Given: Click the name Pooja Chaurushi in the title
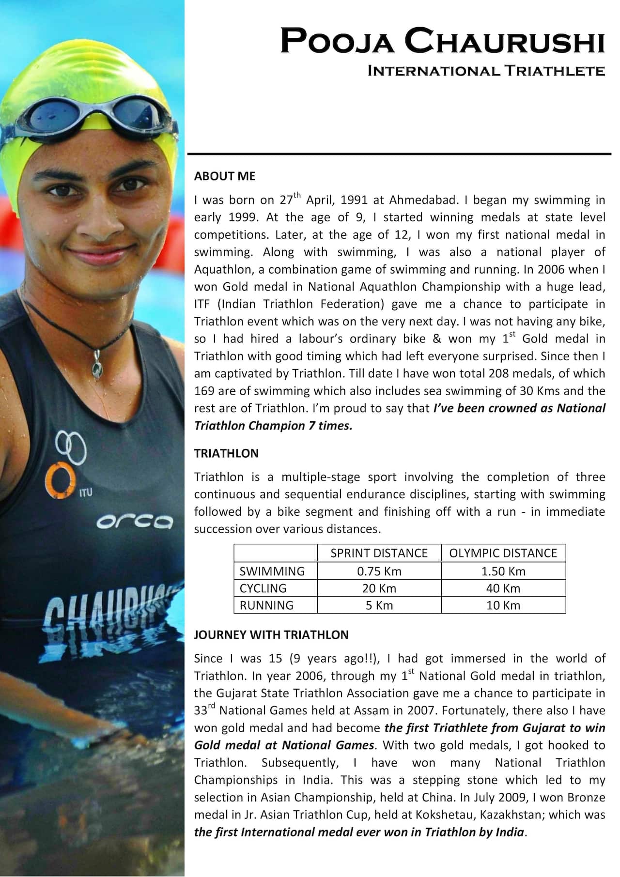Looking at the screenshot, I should click(x=442, y=41).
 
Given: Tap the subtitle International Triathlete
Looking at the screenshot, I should click(x=486, y=71).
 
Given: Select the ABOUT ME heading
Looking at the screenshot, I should click(x=224, y=176).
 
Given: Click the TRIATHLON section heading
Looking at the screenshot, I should click(x=226, y=453).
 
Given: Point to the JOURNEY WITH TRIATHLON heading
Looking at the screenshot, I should click(x=271, y=635).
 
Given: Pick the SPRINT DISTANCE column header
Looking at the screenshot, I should click(x=379, y=553).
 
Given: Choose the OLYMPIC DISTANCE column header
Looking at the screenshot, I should click(x=503, y=553).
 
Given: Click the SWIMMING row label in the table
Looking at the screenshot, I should click(x=272, y=571).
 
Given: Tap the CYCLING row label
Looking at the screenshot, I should click(x=263, y=588).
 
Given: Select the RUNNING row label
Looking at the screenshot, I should click(x=266, y=605).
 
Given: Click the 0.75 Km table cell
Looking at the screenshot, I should click(x=379, y=571).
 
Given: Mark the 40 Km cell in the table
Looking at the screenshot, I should click(x=503, y=588).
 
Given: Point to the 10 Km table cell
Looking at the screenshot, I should click(x=503, y=605).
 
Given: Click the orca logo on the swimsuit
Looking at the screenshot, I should click(x=135, y=522).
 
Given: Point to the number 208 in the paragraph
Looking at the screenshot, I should click(x=498, y=373).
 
